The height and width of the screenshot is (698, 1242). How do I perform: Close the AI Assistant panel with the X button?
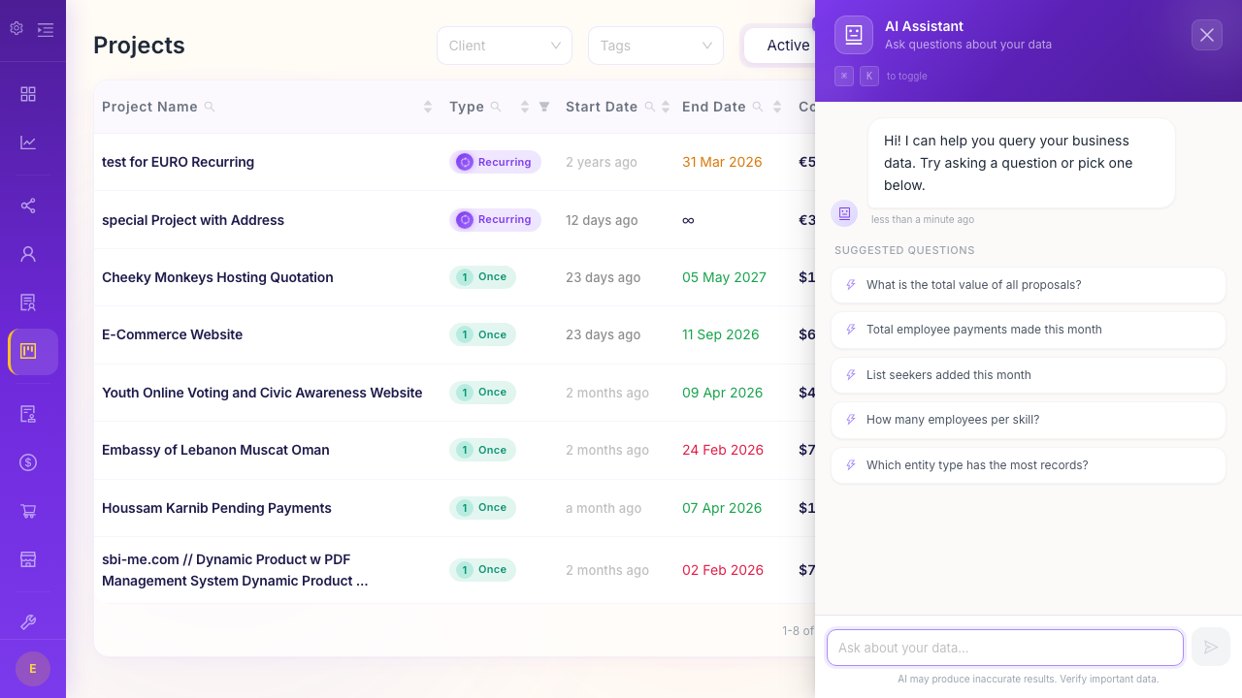(1206, 35)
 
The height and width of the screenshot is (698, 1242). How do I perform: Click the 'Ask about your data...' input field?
(1004, 648)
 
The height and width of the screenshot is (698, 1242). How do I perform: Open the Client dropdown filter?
(504, 46)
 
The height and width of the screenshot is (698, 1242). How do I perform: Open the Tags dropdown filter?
(655, 46)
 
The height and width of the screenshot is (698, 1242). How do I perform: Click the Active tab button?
(787, 46)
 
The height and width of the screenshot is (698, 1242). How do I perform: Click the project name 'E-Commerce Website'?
(172, 334)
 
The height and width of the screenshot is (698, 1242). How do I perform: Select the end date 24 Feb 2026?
(722, 450)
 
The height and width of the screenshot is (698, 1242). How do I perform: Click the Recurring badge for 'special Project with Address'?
(495, 220)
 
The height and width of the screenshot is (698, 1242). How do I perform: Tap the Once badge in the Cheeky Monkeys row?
(482, 277)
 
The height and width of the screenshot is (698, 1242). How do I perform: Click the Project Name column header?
(149, 107)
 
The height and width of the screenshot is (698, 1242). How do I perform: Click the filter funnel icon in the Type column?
(544, 107)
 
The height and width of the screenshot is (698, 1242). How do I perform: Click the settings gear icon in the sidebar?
(16, 29)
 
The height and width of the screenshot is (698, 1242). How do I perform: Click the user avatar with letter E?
(33, 669)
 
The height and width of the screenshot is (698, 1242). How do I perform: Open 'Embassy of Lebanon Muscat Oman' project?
(215, 450)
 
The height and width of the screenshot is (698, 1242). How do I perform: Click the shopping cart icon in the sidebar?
(28, 511)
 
